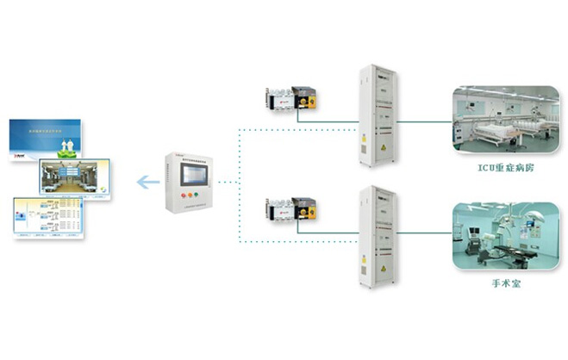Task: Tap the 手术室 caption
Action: point(503,282)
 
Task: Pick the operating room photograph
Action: point(502,233)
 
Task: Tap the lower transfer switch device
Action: point(291,210)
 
